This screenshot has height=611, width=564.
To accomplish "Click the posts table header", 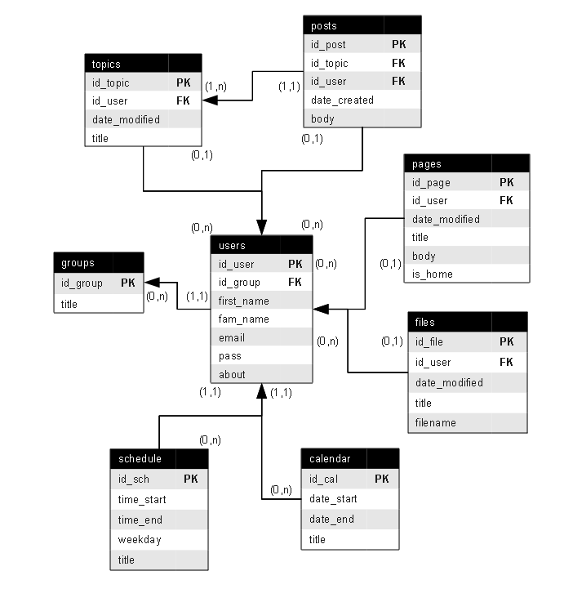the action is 362,25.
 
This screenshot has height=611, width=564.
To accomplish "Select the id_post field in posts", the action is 328,45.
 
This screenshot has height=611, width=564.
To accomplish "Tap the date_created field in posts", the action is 342,100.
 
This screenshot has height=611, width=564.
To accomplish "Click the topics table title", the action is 106,65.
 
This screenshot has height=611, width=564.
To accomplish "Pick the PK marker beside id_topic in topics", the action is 184,83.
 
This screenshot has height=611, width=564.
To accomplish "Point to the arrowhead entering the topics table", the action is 210,100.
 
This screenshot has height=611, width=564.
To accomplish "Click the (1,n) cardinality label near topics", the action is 215,86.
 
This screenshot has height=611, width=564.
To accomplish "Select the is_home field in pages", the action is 433,274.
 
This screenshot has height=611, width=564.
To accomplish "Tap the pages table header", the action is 467,163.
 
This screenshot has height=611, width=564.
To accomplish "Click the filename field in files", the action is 436,423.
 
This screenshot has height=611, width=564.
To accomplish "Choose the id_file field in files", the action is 429,342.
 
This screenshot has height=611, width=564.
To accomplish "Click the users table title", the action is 232,246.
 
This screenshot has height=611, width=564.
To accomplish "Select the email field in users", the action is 232,338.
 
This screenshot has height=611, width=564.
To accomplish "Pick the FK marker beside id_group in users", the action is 295,282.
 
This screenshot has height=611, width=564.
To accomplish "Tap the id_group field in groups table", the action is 82,283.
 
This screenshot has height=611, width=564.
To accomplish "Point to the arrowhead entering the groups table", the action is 152,283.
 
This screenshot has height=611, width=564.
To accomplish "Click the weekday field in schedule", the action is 140,540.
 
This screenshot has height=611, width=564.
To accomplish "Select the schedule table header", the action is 159,458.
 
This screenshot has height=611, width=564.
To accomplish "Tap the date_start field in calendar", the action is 333,499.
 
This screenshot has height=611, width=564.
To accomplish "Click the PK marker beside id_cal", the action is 382,479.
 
